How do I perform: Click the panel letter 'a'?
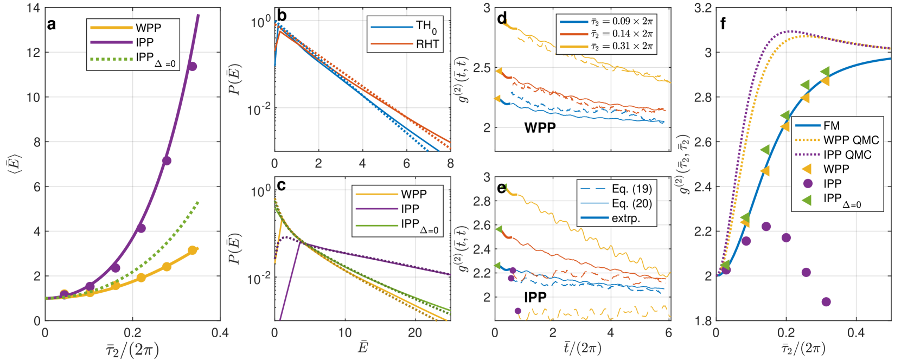click(x=52, y=24)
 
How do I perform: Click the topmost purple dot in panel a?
click(x=192, y=66)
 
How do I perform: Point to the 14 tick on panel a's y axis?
click(x=33, y=8)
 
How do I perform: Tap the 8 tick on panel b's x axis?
click(x=450, y=163)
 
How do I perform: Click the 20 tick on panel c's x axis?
click(x=415, y=332)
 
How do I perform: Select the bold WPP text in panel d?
click(x=540, y=128)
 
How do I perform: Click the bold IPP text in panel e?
click(x=535, y=297)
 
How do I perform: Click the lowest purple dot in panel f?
click(x=826, y=301)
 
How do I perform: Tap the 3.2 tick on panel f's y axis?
click(x=701, y=8)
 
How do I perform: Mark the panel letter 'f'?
click(x=723, y=24)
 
